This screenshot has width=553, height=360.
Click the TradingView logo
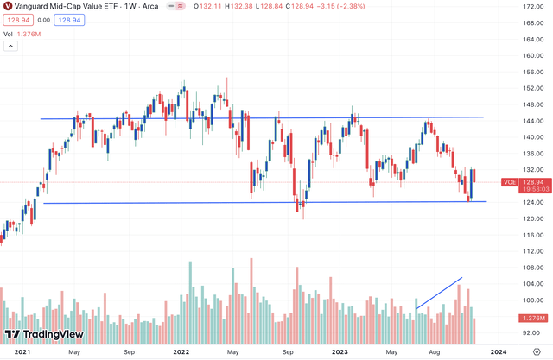click(x=39, y=334)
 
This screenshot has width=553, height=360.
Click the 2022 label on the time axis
click(x=181, y=352)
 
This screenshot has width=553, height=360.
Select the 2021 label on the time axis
click(x=22, y=352)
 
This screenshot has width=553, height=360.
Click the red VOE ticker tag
click(x=510, y=182)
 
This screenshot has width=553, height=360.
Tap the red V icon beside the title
click(x=8, y=6)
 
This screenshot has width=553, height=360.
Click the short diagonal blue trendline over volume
click(x=439, y=293)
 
